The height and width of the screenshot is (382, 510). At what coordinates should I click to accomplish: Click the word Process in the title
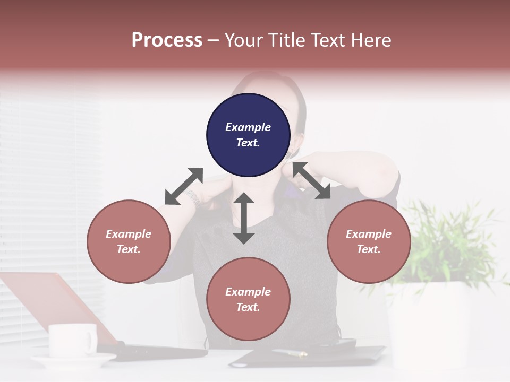coord(167,40)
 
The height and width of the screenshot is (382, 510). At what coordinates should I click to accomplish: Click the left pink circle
coord(129,241)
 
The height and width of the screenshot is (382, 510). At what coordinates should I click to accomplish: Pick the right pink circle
coord(368,241)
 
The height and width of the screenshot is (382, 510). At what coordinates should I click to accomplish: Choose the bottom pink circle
coord(248,299)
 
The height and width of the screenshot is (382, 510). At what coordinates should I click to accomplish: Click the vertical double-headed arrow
coord(244,218)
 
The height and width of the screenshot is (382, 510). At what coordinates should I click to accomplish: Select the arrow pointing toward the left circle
coord(184,186)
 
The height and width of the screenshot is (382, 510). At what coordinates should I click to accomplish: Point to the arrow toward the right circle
coord(311,180)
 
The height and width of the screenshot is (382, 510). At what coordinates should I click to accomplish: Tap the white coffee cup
coord(72,340)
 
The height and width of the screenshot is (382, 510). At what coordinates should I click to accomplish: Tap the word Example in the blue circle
coord(248,127)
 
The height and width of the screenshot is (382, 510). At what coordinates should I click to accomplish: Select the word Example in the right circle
coord(368,234)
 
